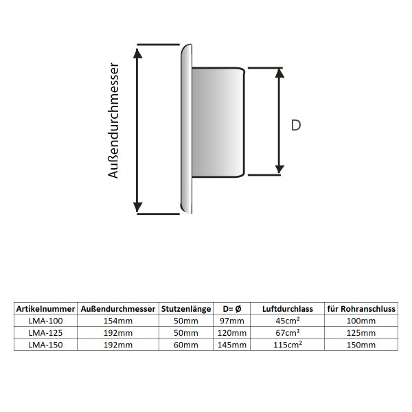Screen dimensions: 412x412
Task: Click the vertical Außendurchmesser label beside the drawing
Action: (x=113, y=121)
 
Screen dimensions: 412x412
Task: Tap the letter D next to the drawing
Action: (x=296, y=126)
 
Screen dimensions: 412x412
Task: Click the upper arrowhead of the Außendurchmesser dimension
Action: (x=138, y=54)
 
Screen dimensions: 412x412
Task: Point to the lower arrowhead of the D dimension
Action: (x=279, y=169)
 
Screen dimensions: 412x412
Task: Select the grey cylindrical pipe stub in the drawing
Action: (x=218, y=122)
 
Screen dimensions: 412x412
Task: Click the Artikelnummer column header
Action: (x=46, y=309)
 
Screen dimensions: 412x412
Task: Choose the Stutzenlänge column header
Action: (x=186, y=309)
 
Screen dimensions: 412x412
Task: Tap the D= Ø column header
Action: (x=232, y=309)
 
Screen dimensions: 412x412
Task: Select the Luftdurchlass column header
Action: (x=288, y=309)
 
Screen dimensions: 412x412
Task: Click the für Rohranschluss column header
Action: (x=361, y=309)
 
